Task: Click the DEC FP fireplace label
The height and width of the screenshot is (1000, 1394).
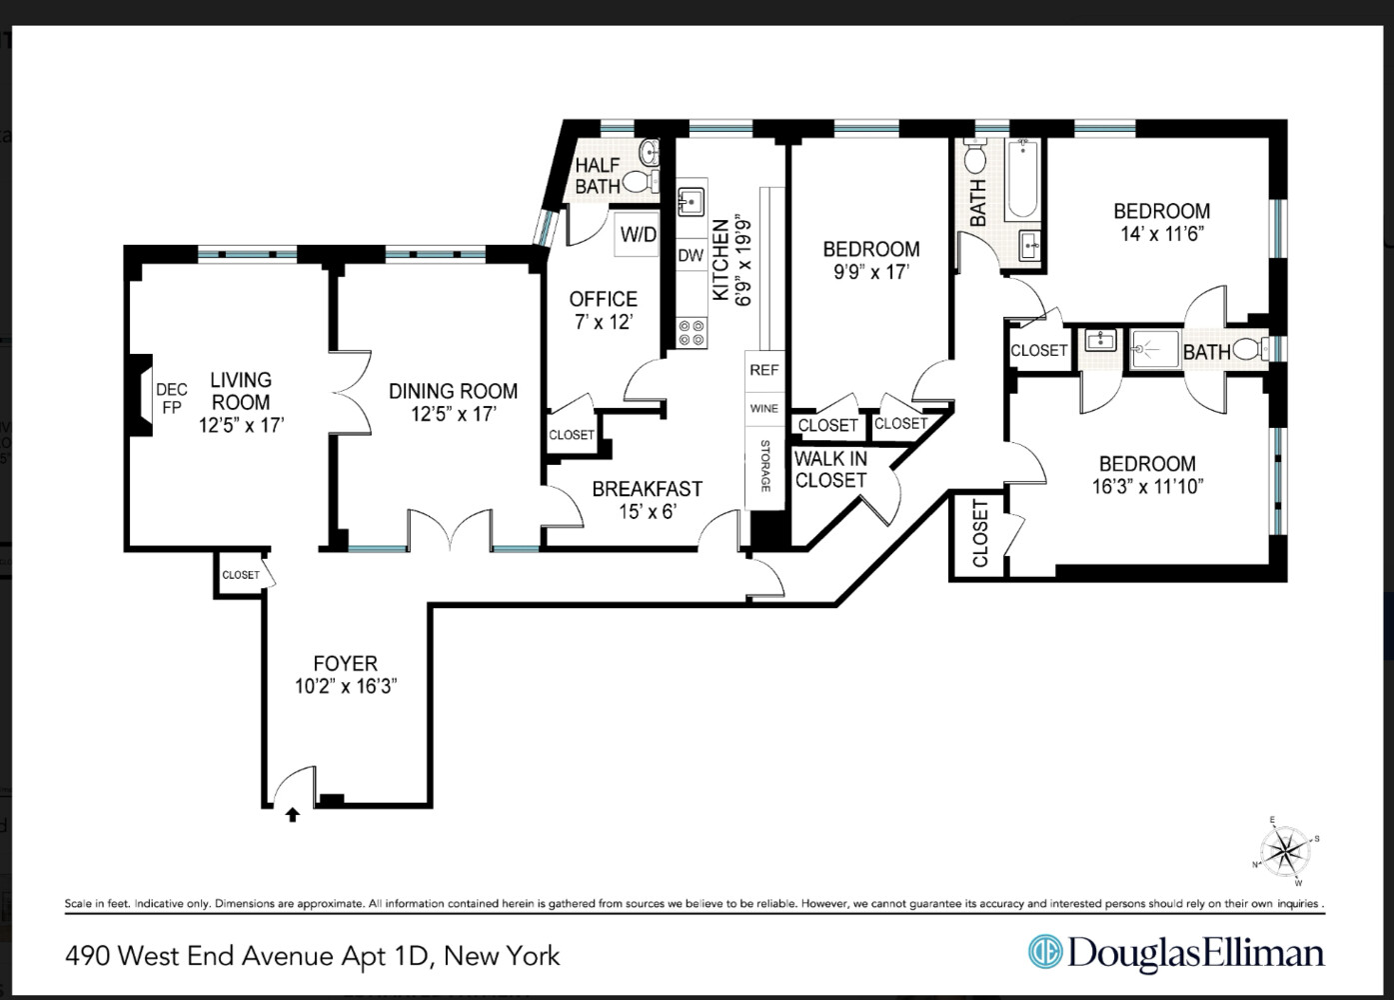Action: [x=171, y=398]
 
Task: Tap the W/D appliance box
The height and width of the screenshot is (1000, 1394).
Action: [x=639, y=235]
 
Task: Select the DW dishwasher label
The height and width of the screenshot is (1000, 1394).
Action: [x=691, y=256]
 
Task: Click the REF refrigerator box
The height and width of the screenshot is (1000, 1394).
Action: [x=763, y=370]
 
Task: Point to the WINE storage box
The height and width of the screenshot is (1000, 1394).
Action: [x=763, y=409]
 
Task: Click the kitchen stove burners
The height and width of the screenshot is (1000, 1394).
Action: [x=692, y=333]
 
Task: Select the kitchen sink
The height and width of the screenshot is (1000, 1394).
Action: [x=691, y=202]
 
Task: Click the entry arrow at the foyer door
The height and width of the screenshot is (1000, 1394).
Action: [x=293, y=815]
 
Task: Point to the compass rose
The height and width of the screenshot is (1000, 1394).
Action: [x=1286, y=851]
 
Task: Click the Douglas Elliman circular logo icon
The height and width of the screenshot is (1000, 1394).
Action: [x=1045, y=951]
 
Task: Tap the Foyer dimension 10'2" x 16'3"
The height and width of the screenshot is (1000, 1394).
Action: [x=346, y=687]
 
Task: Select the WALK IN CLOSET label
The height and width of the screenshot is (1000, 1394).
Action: [x=830, y=470]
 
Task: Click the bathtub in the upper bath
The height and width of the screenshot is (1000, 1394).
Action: [x=1022, y=180]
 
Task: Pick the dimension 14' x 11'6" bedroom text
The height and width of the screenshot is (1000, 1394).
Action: [x=1161, y=234]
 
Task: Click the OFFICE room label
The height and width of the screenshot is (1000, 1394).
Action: [x=603, y=299]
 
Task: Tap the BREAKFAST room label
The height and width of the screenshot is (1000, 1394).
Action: [x=647, y=489]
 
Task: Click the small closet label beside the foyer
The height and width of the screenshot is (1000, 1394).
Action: [x=241, y=575]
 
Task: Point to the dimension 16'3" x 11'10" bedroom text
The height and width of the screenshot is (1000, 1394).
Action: [x=1147, y=487]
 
